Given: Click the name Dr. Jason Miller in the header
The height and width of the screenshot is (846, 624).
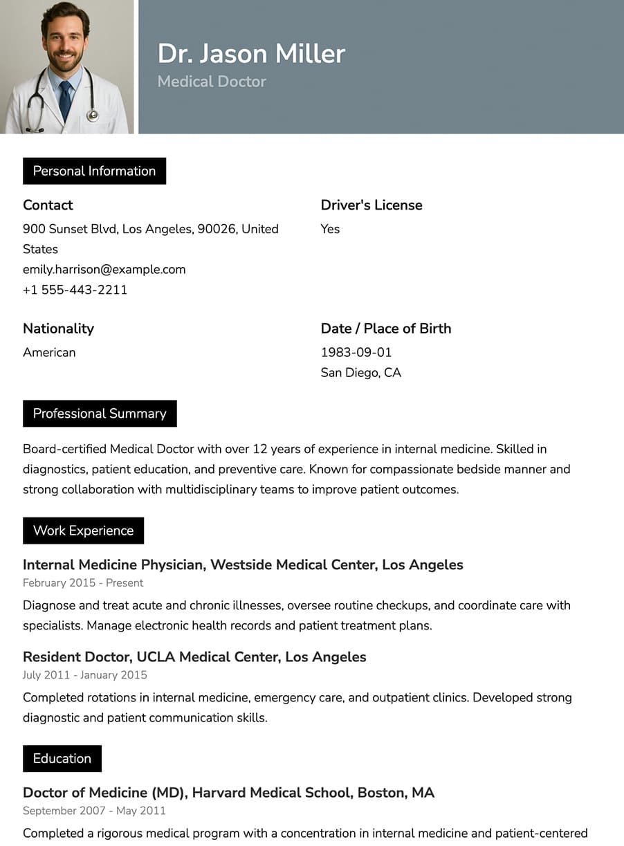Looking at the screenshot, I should (251, 54).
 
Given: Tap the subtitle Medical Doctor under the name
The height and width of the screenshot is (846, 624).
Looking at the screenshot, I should (212, 82).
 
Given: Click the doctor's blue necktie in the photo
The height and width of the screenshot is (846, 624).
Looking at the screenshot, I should (64, 99).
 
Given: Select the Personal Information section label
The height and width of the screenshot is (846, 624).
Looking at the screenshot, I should (94, 171).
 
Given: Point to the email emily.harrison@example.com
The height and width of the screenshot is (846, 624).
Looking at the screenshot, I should (104, 269).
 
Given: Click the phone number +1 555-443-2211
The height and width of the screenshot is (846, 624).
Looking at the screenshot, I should (75, 290).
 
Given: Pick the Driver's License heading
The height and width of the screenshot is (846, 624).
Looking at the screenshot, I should (371, 205).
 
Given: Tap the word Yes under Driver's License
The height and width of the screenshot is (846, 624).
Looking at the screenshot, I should (330, 229).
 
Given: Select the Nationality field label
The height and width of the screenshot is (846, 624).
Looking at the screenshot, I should (58, 329).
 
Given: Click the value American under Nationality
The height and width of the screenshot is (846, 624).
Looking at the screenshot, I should (49, 352).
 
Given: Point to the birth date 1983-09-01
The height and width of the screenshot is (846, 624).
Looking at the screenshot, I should (356, 352).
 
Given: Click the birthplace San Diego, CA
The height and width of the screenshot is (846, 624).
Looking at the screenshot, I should (360, 373).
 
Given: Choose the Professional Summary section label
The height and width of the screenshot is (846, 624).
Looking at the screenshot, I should (100, 414).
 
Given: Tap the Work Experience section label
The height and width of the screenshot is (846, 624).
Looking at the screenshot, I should (83, 531).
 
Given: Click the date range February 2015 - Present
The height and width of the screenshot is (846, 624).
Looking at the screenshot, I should (83, 583).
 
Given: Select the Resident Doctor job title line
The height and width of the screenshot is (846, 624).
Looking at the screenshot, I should (194, 656).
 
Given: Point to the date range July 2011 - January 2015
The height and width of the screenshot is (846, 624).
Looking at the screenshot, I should (84, 675).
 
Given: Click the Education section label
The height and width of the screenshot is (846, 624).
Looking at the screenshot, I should (62, 758).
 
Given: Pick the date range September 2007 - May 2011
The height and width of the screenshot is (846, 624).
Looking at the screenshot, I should (94, 811).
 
